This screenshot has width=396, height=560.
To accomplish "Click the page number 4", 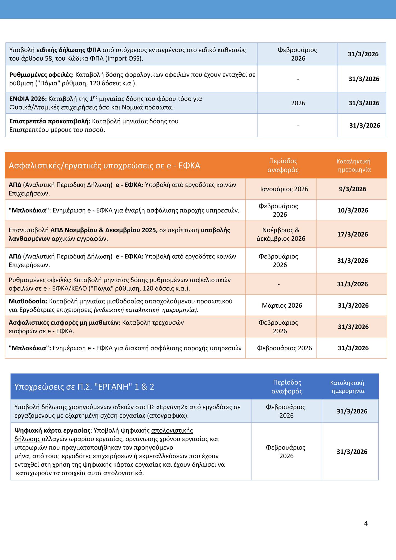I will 366,523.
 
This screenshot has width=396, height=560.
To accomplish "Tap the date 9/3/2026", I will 352,189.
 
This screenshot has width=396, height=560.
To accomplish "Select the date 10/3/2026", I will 352,210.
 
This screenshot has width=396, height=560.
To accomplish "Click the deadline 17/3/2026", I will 352,234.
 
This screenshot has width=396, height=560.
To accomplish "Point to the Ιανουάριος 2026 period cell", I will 284,189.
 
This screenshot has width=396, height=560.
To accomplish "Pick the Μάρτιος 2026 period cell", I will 282,305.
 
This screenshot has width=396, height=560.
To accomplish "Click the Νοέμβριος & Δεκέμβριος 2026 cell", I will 281,234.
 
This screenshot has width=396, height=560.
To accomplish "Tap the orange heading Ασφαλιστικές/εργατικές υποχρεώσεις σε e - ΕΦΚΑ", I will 105,165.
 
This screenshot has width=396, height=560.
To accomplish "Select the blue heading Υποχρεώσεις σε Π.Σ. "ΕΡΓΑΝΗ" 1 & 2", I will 84,387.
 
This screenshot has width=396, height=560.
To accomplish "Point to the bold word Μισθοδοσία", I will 28,301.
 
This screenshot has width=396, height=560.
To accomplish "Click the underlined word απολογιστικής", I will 172,431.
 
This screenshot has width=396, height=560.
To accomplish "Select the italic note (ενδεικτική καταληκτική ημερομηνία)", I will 146,310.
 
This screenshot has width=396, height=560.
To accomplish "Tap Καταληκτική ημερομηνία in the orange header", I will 353,165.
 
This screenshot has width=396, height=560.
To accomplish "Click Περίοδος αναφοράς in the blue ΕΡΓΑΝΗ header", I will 287,387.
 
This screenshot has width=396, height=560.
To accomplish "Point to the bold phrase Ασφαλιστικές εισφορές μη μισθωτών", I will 65,323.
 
